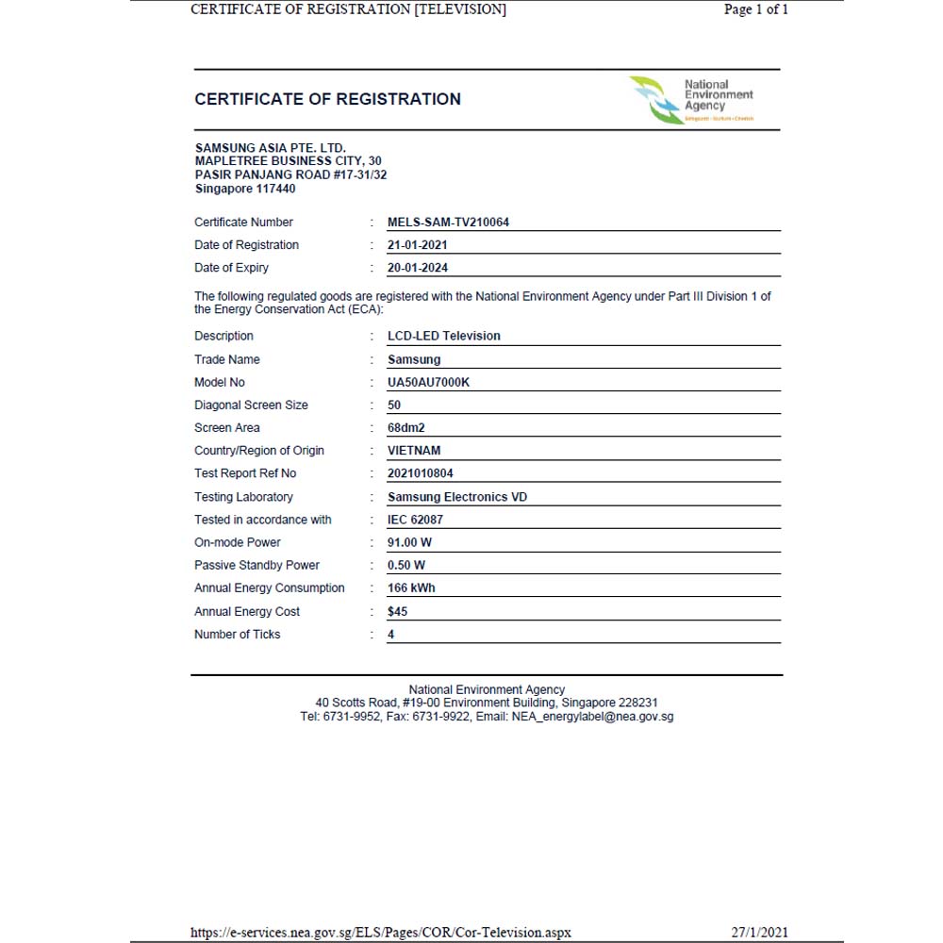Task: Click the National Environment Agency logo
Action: coord(692,100)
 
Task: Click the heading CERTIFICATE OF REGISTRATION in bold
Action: coord(327,99)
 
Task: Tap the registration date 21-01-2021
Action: coord(418,245)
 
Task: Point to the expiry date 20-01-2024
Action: coord(418,268)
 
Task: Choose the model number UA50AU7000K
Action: coord(428,382)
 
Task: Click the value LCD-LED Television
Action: coord(443,336)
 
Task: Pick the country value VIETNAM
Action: coord(414,451)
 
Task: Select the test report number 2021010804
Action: coord(421,473)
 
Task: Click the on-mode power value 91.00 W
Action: coord(409,542)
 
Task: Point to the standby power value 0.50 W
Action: coord(406,565)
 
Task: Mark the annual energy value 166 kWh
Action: coord(411,587)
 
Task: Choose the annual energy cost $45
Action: coord(397,611)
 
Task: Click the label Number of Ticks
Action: coord(237,635)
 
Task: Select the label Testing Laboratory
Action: coord(243,497)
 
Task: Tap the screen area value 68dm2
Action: coord(405,428)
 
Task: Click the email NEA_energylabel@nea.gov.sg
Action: coord(592,717)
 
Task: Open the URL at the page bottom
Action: coord(381,933)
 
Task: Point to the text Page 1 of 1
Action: coord(755,9)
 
